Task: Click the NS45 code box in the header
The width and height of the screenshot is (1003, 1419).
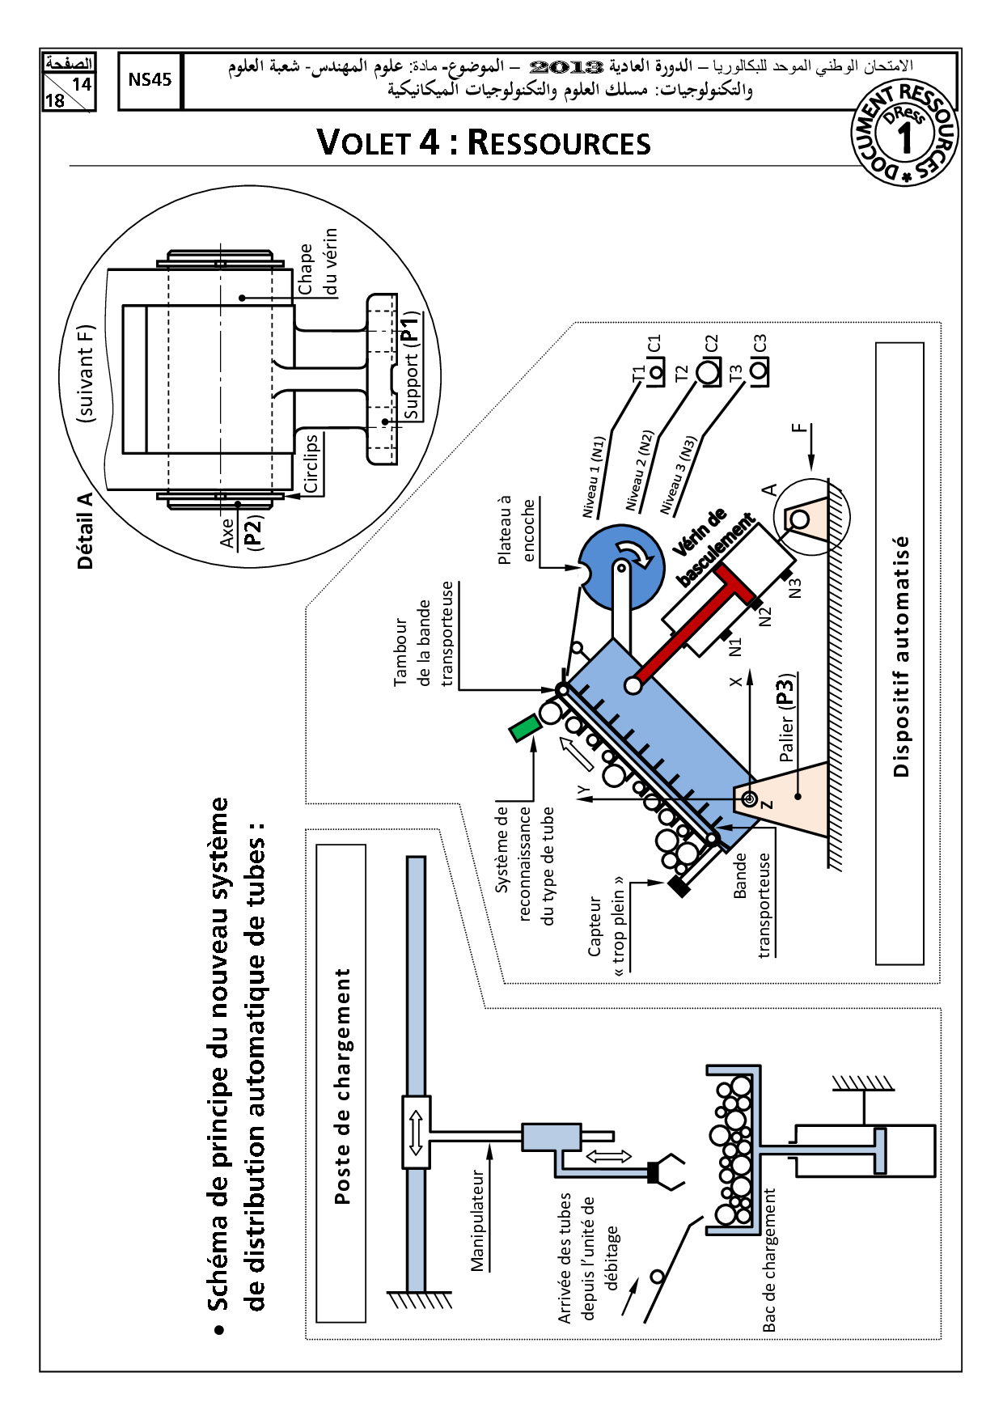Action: point(150,80)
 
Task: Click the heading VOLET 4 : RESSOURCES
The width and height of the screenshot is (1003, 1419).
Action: point(483,142)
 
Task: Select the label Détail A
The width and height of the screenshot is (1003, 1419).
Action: point(85,531)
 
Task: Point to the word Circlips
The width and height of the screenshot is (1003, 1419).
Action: point(311,464)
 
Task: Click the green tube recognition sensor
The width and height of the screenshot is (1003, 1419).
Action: point(525,727)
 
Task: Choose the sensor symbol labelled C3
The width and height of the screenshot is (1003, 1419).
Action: point(760,371)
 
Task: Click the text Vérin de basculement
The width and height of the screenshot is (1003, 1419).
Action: point(713,547)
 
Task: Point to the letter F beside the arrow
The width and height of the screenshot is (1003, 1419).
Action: point(800,426)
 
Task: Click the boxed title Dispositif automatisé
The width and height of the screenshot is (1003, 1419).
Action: point(900,654)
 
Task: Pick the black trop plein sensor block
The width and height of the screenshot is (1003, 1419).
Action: point(679,886)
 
